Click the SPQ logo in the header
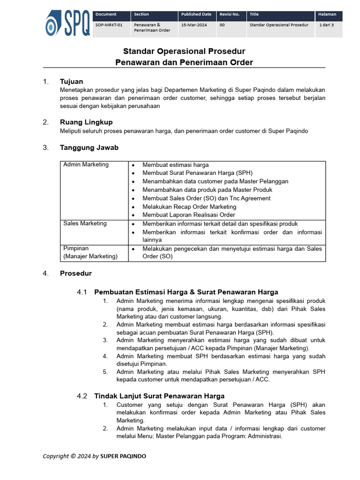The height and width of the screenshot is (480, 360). coord(67,24)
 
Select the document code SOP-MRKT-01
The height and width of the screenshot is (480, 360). coord(109,25)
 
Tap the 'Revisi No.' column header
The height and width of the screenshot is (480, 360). coord(229,15)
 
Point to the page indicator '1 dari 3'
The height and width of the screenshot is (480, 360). coord(327,25)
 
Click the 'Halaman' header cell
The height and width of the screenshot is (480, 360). coord(327,15)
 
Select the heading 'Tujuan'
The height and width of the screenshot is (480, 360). coord(71,82)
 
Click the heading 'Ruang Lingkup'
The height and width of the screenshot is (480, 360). coord(86,122)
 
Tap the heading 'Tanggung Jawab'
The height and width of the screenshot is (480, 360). coord(89,148)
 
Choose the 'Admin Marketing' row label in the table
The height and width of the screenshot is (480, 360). coord(86,165)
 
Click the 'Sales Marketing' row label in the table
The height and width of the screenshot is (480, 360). coord(85,224)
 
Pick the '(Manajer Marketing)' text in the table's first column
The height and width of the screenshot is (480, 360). coord(90,256)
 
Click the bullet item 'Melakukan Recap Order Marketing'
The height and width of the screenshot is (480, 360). coord(189,207)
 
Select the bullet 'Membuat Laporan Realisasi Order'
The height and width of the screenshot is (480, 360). coord(189,215)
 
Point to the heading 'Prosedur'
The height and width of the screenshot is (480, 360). coord(75,273)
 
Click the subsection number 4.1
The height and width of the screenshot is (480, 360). coord(82,292)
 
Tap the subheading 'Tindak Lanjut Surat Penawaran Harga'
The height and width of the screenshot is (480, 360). coord(159,396)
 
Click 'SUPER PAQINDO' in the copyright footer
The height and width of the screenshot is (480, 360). coord(123,456)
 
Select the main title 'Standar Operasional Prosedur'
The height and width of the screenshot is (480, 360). coord(184,51)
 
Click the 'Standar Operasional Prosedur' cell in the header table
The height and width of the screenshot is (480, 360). coord(279,25)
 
